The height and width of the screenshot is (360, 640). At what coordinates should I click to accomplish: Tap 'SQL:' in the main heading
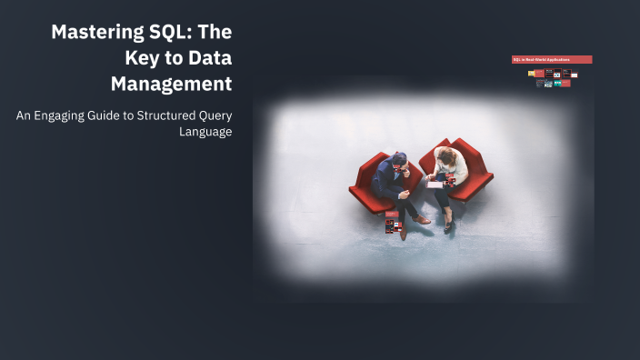click(166, 33)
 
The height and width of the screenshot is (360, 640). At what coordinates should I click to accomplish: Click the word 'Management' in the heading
click(171, 84)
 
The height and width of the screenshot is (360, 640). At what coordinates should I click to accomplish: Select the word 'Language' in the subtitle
click(206, 132)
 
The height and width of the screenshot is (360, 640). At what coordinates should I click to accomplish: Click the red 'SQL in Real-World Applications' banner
click(552, 60)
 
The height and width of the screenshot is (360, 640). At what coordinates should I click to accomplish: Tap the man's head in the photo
click(400, 161)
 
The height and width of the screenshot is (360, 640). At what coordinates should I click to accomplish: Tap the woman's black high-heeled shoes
click(447, 224)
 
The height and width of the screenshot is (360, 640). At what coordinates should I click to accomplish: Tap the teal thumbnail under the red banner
click(556, 83)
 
